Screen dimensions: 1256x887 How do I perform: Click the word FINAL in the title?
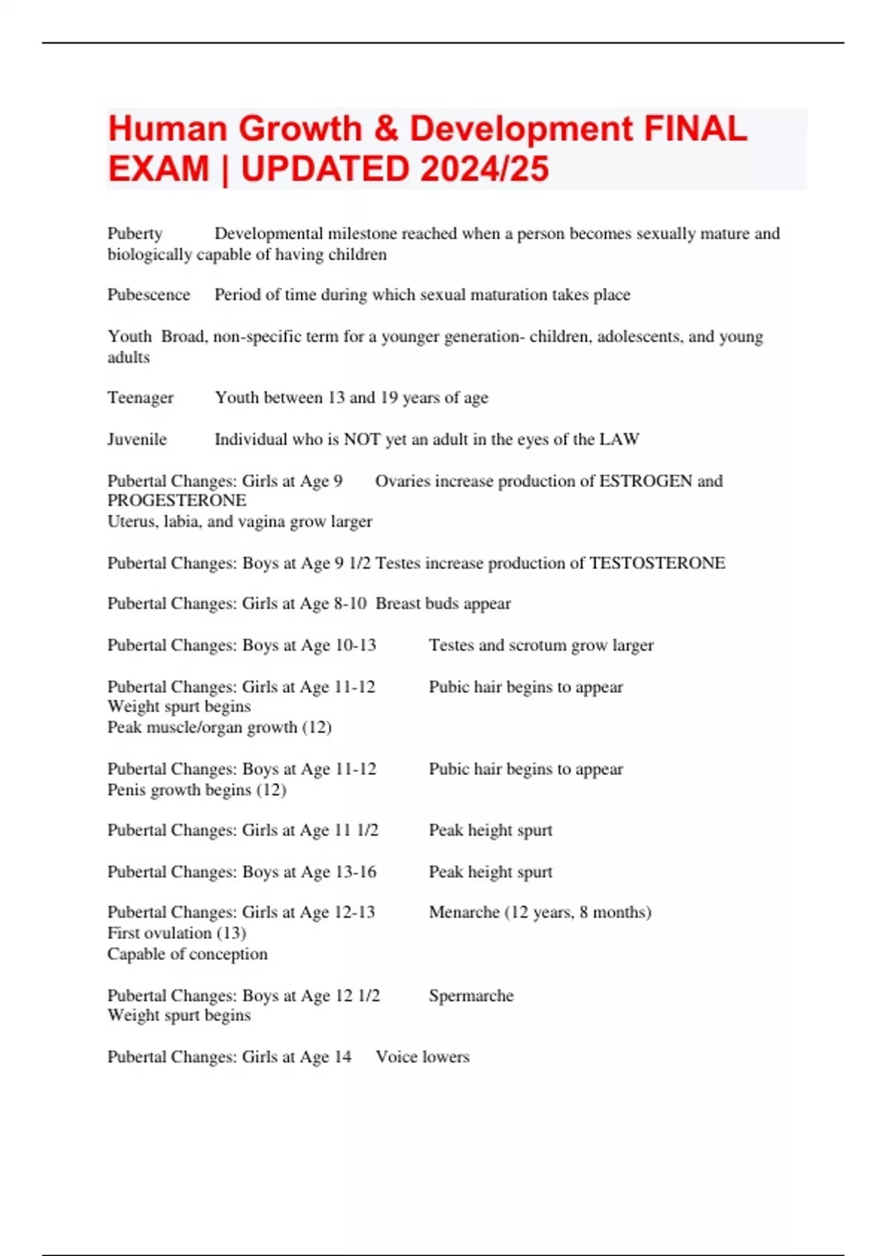pos(696,129)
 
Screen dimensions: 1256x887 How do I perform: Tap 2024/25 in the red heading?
pos(485,169)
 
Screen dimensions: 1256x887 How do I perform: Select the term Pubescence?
pos(149,295)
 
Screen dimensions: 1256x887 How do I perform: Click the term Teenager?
pos(140,397)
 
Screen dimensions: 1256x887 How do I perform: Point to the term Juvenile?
pos(137,440)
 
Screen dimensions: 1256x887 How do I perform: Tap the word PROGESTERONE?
pos(177,501)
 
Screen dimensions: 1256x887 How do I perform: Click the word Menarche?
pos(464,912)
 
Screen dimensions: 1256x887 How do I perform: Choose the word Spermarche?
pos(471,996)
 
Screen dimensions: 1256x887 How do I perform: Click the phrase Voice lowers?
pos(422,1057)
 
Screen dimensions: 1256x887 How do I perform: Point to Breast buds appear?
pos(443,604)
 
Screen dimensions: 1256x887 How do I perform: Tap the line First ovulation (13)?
pos(177,933)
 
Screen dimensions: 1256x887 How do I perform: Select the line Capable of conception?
pos(187,954)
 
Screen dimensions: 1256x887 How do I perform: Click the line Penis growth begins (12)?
pos(197,790)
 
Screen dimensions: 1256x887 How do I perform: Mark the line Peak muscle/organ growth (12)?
pos(220,727)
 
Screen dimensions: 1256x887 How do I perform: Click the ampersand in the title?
pos(386,129)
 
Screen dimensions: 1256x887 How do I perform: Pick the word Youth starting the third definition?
pos(129,337)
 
